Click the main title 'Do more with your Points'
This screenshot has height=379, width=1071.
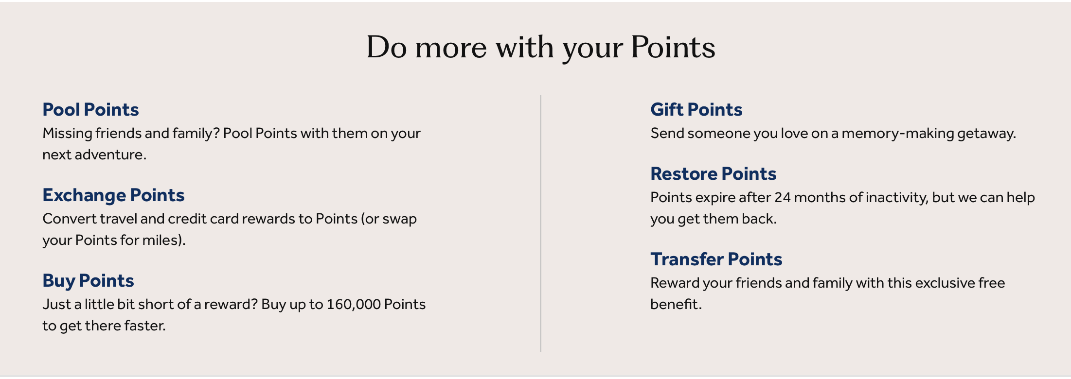coord(540,48)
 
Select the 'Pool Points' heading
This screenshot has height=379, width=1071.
coord(90,110)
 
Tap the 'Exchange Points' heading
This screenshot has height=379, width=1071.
coord(113,195)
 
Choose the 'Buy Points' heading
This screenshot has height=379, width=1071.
coord(88,281)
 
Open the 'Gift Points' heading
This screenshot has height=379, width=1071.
coord(696,110)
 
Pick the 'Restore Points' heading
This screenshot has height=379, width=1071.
coord(713,174)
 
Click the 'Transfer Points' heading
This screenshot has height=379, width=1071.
coord(716,259)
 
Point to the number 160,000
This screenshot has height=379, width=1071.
coord(353,304)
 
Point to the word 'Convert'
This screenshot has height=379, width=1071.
coord(69,219)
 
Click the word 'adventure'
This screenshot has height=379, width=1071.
coord(109,155)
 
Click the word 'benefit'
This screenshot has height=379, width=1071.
coord(675,304)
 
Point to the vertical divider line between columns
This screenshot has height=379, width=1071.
coord(541,224)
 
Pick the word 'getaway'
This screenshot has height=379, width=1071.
coord(985,133)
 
